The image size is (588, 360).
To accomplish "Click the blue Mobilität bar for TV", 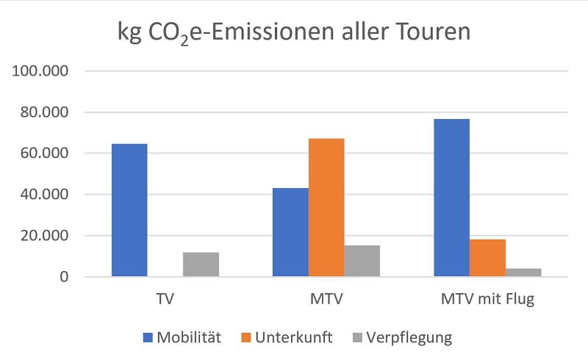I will pyautogui.click(x=129, y=210).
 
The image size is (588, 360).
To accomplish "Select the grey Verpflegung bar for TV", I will pyautogui.click(x=201, y=264).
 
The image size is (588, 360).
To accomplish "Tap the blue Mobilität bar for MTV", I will pyautogui.click(x=290, y=232).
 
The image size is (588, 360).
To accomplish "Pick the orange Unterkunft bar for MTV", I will pyautogui.click(x=326, y=208).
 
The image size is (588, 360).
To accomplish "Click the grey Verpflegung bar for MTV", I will pyautogui.click(x=362, y=261).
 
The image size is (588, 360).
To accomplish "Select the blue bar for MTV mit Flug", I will pyautogui.click(x=451, y=198).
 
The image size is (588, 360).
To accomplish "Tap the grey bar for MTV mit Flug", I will pyautogui.click(x=523, y=273).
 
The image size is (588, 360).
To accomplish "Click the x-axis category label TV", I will pyautogui.click(x=165, y=299).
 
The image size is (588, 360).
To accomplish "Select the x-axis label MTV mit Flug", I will pyautogui.click(x=487, y=299).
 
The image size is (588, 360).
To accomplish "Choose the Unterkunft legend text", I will pyautogui.click(x=294, y=338).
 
